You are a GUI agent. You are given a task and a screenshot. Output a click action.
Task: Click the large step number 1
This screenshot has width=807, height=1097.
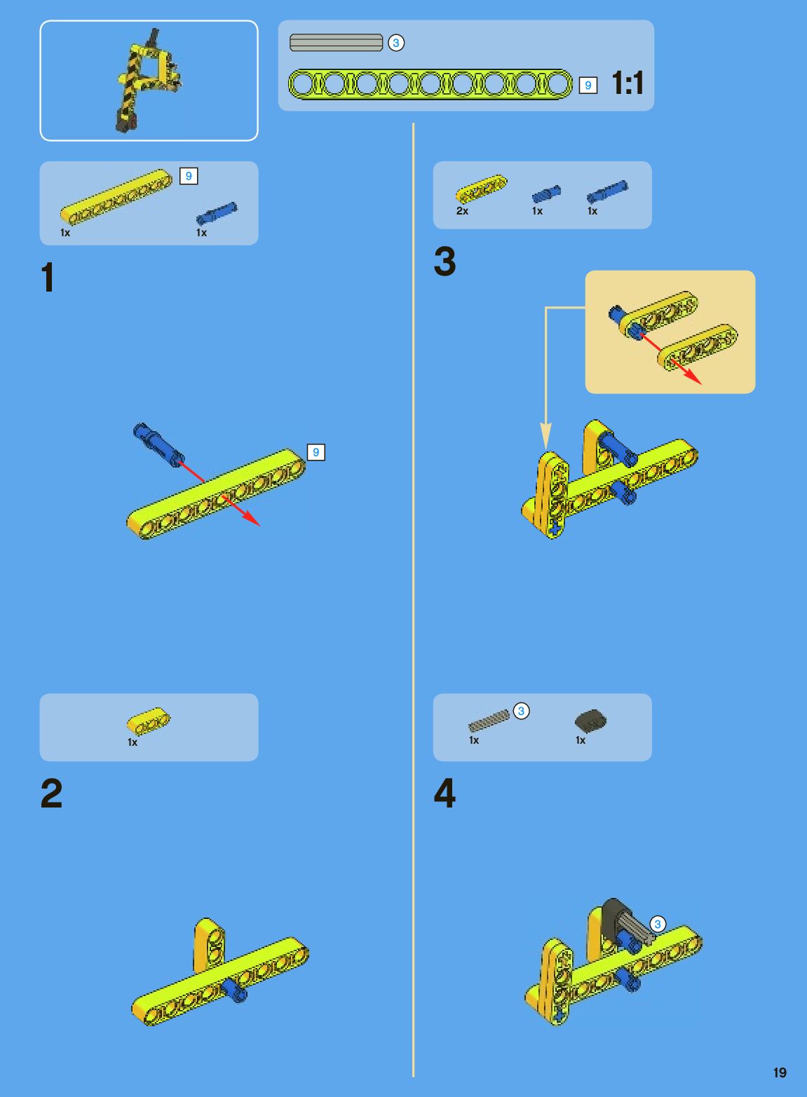(48, 277)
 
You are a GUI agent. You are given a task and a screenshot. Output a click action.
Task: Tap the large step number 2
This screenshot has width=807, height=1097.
(51, 793)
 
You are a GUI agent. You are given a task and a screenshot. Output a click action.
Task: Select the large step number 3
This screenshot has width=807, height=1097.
(445, 261)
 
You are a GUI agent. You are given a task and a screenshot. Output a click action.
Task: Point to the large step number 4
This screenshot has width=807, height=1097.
(445, 793)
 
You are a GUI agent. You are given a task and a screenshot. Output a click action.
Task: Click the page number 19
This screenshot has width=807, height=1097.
(780, 1072)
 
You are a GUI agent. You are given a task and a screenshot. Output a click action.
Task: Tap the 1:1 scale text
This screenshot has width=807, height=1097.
(628, 83)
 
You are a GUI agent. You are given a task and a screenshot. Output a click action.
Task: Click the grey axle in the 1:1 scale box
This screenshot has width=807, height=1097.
(336, 43)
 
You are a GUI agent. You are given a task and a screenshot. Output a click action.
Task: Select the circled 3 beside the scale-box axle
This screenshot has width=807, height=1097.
(396, 43)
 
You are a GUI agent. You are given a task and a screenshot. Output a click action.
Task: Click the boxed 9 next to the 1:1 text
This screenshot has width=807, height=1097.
(588, 86)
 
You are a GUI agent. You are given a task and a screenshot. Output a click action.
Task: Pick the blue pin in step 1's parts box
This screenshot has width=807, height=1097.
(217, 214)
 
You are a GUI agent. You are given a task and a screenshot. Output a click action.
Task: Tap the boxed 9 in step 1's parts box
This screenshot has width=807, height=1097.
(189, 176)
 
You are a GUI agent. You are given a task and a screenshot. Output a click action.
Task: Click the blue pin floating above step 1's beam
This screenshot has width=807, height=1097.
(158, 444)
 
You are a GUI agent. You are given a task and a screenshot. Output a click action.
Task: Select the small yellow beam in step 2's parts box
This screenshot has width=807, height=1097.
(149, 721)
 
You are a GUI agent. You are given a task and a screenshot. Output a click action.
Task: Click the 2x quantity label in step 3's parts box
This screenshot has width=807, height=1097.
(462, 211)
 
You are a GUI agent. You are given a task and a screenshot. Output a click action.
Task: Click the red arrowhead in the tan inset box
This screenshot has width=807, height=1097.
(693, 377)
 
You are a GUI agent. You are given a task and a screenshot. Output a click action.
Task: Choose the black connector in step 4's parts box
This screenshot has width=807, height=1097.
(590, 721)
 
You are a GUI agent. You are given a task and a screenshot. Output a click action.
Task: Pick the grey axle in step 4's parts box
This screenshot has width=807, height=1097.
(489, 721)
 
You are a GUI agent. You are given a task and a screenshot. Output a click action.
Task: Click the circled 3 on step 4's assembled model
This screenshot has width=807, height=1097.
(658, 924)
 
